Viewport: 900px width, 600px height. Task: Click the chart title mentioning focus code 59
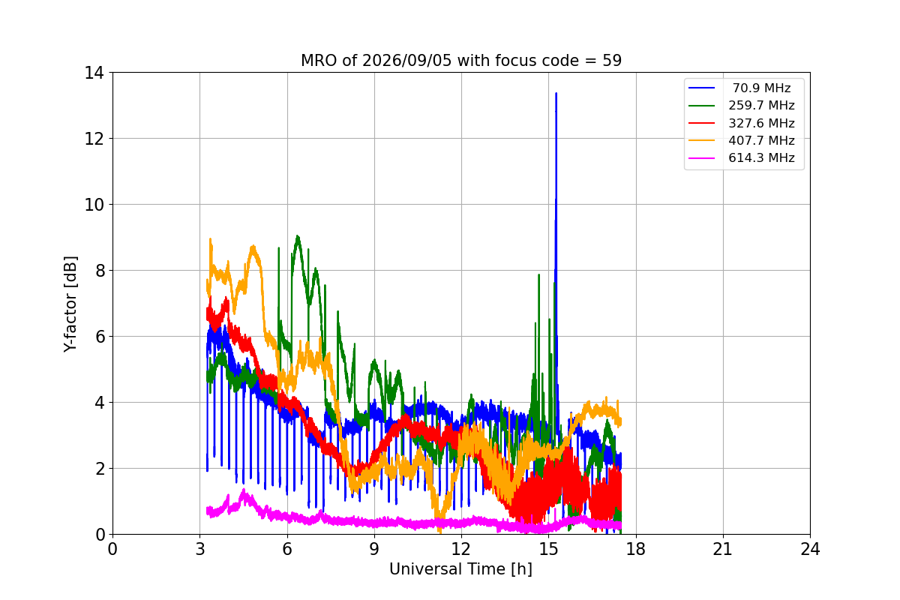click(x=461, y=61)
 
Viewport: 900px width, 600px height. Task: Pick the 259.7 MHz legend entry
click(x=742, y=105)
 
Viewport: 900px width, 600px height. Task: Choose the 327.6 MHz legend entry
click(x=742, y=123)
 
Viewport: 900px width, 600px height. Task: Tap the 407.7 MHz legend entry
click(x=742, y=140)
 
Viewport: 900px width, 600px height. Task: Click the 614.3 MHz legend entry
click(x=742, y=158)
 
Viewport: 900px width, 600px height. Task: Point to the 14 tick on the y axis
click(x=94, y=73)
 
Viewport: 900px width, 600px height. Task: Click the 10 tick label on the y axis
click(x=94, y=205)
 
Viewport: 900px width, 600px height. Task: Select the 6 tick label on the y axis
click(x=100, y=337)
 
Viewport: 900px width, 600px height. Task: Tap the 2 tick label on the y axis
click(x=100, y=469)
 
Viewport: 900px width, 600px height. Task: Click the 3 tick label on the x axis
click(x=200, y=549)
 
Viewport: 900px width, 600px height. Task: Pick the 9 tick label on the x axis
click(x=374, y=549)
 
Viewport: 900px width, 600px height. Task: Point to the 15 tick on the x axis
click(x=549, y=549)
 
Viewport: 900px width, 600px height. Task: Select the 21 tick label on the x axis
click(x=723, y=549)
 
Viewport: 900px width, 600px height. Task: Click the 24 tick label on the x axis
click(x=810, y=549)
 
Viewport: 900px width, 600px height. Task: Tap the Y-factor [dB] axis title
click(x=70, y=304)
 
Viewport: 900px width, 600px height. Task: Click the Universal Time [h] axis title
click(x=460, y=569)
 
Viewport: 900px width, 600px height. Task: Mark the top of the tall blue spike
click(x=556, y=93)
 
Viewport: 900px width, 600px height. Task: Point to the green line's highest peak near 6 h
click(x=297, y=236)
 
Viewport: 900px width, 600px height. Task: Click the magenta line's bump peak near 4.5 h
click(x=244, y=490)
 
